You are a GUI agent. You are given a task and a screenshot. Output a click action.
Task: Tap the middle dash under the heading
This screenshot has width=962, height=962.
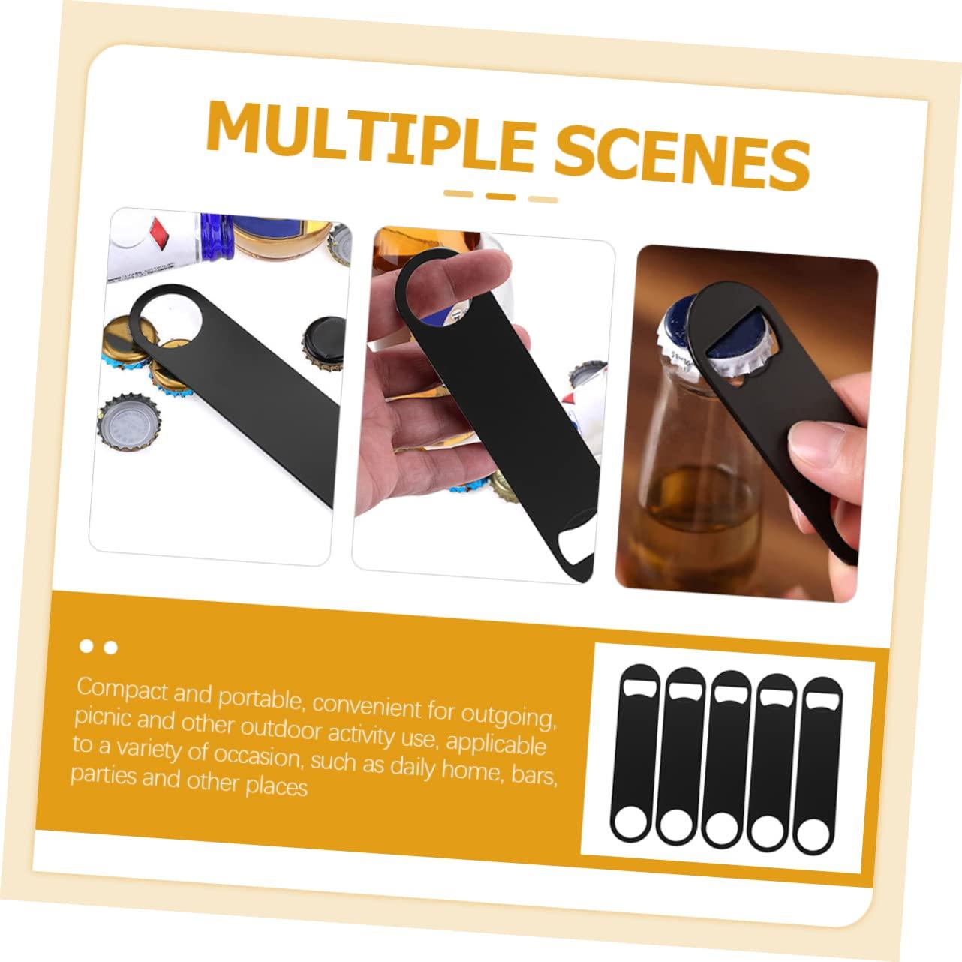[x=501, y=197]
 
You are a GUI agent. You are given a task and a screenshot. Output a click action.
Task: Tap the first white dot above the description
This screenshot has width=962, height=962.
[x=88, y=646]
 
